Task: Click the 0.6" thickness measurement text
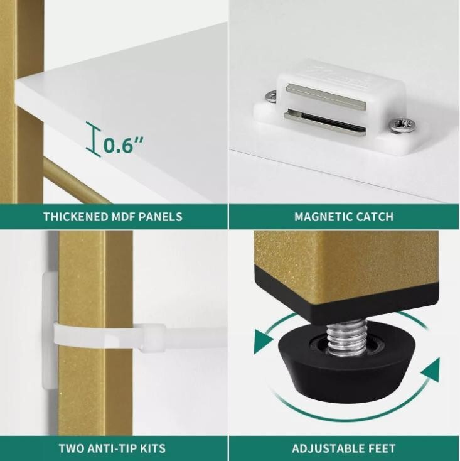(124, 144)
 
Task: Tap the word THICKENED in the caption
(75, 217)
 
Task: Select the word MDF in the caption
(123, 217)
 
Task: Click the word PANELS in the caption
(161, 217)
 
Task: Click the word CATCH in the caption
(375, 217)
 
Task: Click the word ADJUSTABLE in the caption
(327, 448)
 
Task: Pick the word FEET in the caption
(381, 448)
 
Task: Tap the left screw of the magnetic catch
(271, 97)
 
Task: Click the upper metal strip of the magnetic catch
(326, 96)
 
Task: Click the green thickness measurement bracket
(94, 139)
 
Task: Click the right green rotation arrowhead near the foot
(431, 370)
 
